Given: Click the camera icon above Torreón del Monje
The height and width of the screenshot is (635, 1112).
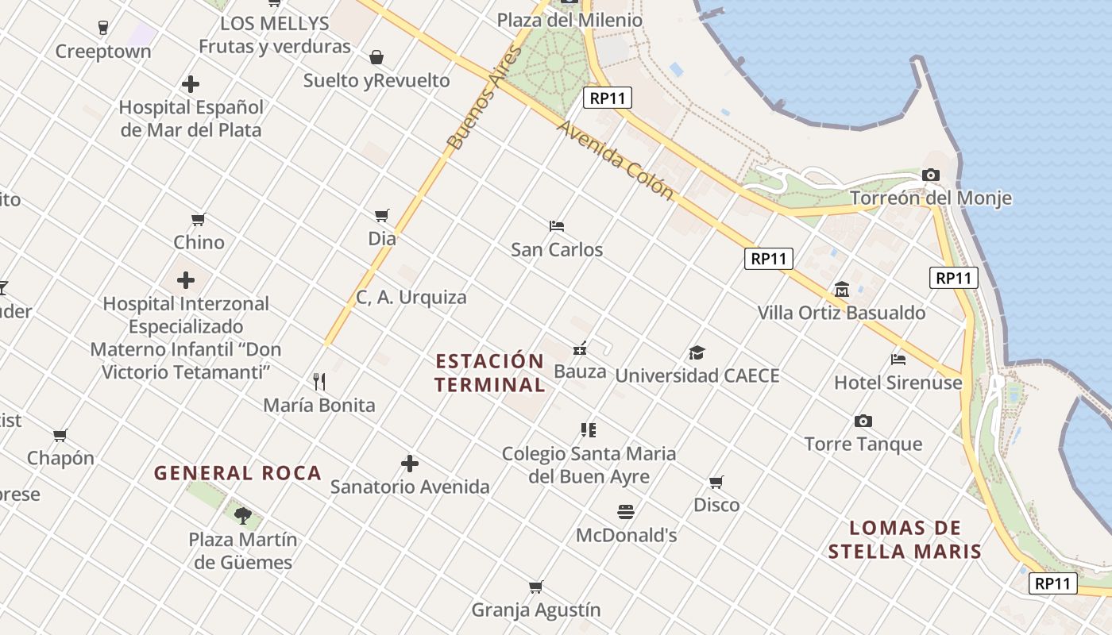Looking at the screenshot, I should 930,175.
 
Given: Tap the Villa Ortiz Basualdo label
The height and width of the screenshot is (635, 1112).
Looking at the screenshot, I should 841,313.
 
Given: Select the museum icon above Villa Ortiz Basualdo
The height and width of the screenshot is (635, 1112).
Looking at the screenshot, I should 841,290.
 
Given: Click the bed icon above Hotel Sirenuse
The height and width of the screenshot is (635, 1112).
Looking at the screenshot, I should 898,360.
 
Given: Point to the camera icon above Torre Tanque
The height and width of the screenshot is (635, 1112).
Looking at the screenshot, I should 863,421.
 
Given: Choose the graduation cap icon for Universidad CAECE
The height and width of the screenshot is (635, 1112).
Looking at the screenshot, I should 697,352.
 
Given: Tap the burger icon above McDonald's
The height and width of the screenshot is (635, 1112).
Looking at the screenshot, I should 626,512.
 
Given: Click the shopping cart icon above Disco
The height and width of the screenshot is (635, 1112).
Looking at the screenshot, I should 716,482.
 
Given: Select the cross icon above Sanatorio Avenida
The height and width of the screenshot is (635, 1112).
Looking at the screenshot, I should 409,464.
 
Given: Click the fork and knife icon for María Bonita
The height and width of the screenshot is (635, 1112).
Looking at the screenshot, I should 319,382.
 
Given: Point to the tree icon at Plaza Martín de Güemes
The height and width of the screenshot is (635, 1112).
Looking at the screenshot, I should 243,516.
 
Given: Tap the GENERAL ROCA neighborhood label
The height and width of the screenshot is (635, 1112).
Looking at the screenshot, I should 237,474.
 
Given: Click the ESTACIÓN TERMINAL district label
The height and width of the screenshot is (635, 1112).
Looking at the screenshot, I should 490,373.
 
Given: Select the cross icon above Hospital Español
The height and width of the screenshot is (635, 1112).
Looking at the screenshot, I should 191,83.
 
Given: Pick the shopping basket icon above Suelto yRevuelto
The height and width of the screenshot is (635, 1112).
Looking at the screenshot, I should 376,57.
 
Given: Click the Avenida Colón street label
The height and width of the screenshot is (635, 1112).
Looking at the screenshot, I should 614,160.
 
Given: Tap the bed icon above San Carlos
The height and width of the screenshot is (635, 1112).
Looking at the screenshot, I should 556,226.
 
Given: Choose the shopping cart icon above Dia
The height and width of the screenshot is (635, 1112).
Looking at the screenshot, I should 382,215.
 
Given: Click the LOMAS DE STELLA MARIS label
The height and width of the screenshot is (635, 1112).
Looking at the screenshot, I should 905,540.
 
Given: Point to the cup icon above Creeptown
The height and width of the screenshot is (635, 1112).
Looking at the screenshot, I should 102,28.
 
